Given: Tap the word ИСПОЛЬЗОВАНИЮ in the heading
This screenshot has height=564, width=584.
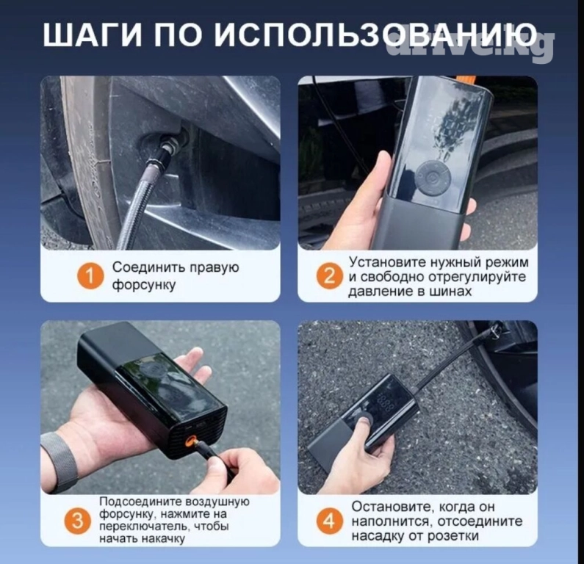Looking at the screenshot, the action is click(376, 35).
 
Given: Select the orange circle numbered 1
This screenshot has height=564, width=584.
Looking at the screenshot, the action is click(90, 276).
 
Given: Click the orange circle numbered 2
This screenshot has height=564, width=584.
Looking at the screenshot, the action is click(329, 276).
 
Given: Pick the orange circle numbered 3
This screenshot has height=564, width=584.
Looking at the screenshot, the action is click(77, 521).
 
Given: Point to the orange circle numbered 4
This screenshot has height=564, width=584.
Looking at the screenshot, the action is click(329, 521).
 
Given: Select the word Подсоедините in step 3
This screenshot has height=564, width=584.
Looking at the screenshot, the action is click(141, 502).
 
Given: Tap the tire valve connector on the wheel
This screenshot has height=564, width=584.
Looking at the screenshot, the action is click(167, 151).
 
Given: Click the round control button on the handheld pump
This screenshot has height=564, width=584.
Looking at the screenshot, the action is click(433, 178).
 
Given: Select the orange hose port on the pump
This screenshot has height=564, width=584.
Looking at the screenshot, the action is click(190, 441).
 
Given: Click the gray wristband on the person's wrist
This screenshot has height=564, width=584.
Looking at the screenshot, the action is click(60, 462).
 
